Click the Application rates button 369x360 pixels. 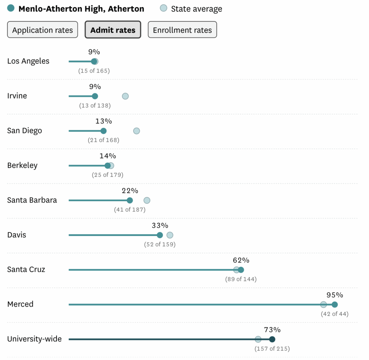click(x=43, y=30)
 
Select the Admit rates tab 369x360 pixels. click(x=113, y=30)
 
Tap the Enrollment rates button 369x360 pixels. click(x=182, y=30)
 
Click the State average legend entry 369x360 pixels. click(x=196, y=9)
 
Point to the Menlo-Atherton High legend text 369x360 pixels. click(x=81, y=9)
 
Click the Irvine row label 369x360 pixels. click(x=17, y=96)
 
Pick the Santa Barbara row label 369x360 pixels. click(x=32, y=200)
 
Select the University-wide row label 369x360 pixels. click(x=34, y=339)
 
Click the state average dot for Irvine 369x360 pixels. click(x=125, y=96)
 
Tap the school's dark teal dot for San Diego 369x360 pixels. click(x=103, y=131)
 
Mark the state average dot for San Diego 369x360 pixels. click(x=136, y=131)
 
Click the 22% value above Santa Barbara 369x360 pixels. click(x=130, y=190)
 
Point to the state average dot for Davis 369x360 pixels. click(x=170, y=235)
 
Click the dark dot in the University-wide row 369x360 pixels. click(x=272, y=339)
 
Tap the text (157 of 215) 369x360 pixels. click(x=272, y=349)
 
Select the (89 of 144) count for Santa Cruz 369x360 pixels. click(x=241, y=279)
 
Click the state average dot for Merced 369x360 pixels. click(x=324, y=304)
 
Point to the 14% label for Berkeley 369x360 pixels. click(x=108, y=156)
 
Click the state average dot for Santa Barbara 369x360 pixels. click(x=147, y=201)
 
